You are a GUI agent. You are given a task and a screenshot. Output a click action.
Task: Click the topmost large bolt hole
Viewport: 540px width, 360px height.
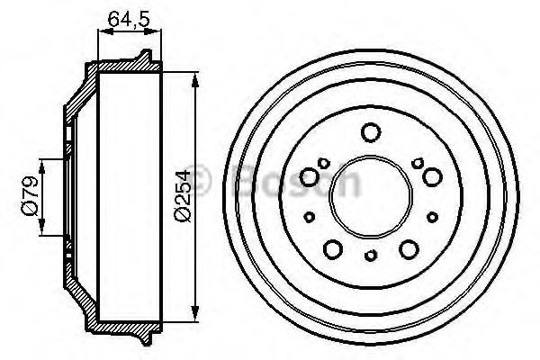pyautogui.click(x=370, y=133)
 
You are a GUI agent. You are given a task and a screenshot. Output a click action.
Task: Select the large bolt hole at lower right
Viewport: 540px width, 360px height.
pyautogui.click(x=409, y=248)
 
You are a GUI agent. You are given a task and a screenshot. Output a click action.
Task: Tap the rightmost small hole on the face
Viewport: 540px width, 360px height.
pyautogui.click(x=432, y=214)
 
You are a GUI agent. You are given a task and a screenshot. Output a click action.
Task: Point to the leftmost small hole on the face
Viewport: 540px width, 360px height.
pyautogui.click(x=309, y=215)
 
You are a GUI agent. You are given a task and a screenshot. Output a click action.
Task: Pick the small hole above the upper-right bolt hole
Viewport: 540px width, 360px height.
pyautogui.click(x=417, y=162)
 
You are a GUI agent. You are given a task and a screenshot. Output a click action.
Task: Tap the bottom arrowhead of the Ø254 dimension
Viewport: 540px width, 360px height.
pyautogui.click(x=195, y=316)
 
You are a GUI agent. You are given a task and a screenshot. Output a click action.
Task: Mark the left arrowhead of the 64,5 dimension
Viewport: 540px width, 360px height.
pyautogui.click(x=99, y=33)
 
